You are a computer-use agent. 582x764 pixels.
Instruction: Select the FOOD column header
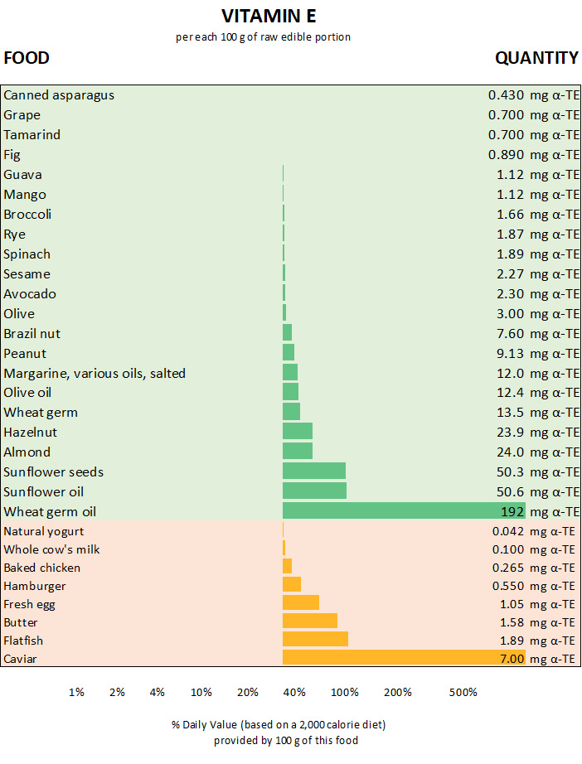[x=27, y=58]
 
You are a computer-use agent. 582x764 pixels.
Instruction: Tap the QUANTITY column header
[x=536, y=58]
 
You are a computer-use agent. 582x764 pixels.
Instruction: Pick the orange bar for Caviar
[x=404, y=659]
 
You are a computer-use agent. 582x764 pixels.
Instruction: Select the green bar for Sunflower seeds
[x=314, y=471]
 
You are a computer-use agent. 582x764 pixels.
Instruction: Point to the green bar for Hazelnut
[x=298, y=432]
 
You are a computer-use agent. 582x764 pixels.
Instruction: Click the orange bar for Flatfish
[x=315, y=641]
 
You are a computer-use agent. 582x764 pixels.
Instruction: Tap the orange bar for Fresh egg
[x=301, y=604]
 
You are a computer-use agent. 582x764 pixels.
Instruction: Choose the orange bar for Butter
[x=310, y=622]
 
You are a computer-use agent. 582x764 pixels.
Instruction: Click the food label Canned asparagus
[x=59, y=95]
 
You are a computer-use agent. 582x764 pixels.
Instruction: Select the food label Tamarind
[x=32, y=135]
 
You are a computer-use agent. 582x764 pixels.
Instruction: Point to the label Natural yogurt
[x=44, y=531]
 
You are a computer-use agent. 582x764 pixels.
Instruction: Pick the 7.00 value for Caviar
[x=512, y=660]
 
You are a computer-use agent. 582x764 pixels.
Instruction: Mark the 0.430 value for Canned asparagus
[x=506, y=95]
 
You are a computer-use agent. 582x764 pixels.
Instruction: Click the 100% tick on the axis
[x=345, y=693]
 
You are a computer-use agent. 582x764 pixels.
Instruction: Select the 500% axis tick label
[x=463, y=693]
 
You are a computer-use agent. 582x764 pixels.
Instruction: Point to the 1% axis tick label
[x=76, y=693]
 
